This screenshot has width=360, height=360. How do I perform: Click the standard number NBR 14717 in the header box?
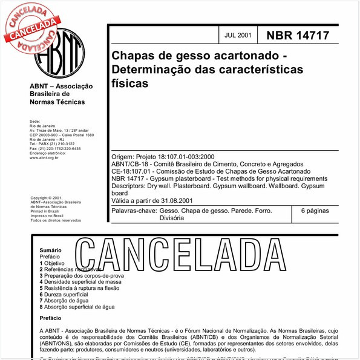tap(298, 36)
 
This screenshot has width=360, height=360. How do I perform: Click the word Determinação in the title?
tap(147, 70)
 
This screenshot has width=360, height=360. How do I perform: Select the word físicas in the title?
tap(129, 83)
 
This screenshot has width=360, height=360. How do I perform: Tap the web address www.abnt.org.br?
tap(44, 157)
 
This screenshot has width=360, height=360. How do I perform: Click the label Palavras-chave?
tap(134, 211)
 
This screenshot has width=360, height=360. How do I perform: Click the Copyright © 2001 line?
tap(46, 198)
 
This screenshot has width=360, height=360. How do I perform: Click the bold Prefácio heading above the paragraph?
tap(51, 318)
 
